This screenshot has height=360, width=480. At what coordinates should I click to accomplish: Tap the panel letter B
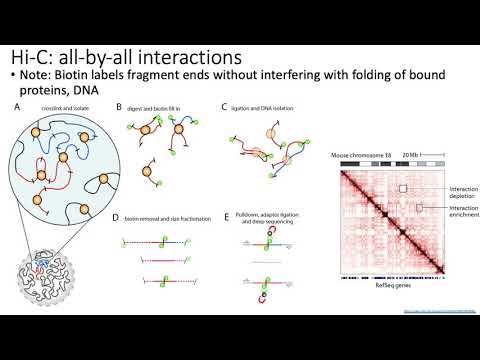coord(119,106)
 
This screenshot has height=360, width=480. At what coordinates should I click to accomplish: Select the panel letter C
coord(225,106)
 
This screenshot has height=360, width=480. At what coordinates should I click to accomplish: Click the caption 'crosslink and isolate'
coord(59,107)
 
